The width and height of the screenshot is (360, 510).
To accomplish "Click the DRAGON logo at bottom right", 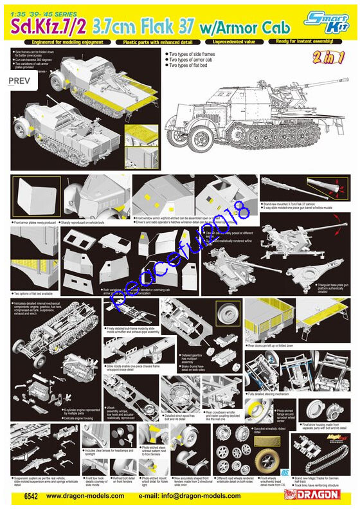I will coord(318,495).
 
